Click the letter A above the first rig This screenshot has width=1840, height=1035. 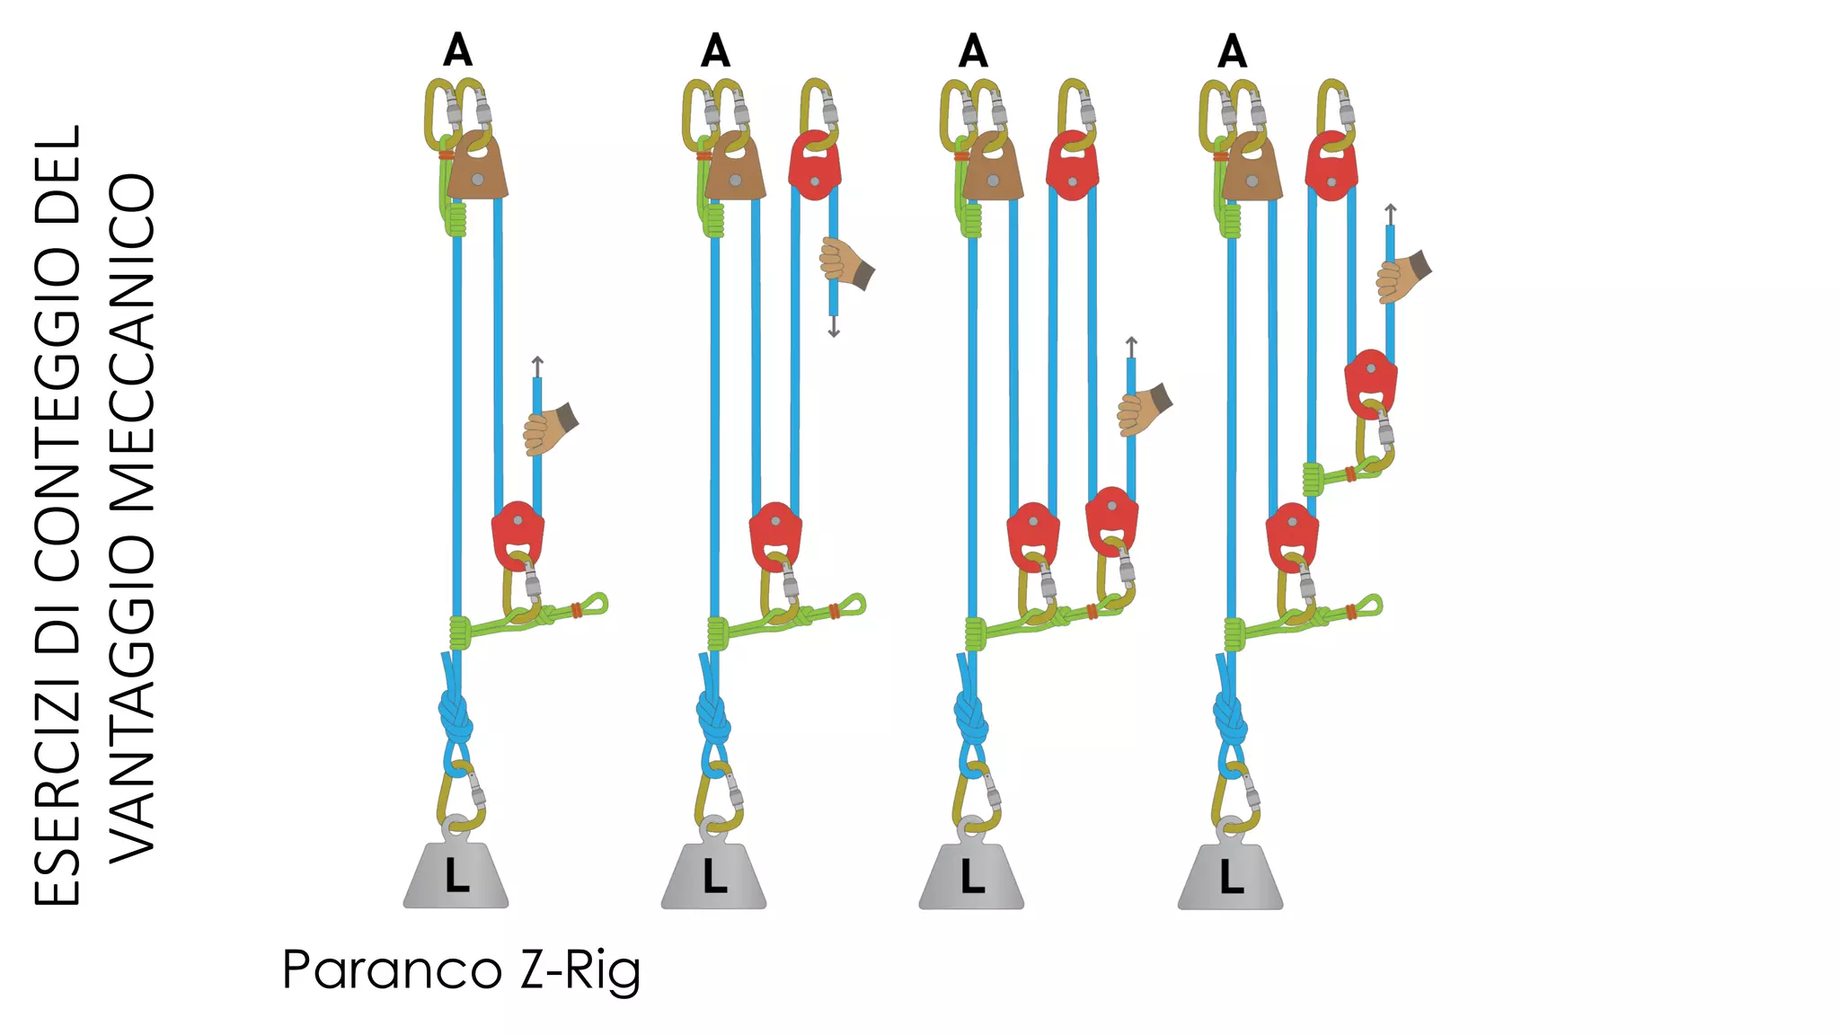457,50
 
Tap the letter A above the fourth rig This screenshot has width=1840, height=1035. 1232,50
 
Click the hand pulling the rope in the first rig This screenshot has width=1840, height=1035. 550,429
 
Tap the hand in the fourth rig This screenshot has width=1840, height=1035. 1402,277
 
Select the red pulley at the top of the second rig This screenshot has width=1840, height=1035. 815,165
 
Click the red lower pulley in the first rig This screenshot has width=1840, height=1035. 517,535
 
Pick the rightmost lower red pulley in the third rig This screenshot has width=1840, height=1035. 1112,521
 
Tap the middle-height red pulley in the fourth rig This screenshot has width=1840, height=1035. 1370,384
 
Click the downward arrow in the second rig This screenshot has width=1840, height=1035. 834,326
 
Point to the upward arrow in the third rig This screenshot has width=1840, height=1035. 1131,348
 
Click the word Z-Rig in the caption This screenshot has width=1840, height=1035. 580,971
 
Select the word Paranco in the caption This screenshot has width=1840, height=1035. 393,970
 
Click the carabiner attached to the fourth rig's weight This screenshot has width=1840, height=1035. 1236,798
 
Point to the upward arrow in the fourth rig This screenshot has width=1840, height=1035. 1390,215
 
